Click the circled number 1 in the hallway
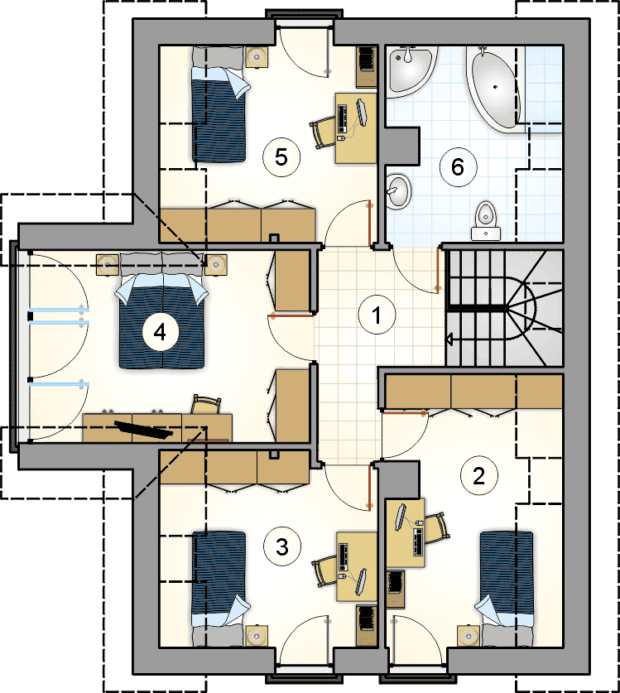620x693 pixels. point(376,315)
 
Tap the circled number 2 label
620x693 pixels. point(478,475)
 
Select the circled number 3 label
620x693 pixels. point(282,546)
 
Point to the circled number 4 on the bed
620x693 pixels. point(160,332)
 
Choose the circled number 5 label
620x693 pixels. point(281,156)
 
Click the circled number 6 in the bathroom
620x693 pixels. point(458,167)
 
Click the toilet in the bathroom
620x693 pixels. point(486,220)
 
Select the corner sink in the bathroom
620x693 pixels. point(408,70)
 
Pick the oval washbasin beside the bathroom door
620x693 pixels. point(400,191)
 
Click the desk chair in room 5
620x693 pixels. point(322,132)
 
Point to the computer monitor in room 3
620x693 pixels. point(362,581)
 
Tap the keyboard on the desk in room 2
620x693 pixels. point(418,541)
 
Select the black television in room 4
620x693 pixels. point(143,430)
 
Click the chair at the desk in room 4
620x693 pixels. point(206,404)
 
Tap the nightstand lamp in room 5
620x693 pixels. point(257,56)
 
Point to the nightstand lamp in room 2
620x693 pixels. point(468,637)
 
